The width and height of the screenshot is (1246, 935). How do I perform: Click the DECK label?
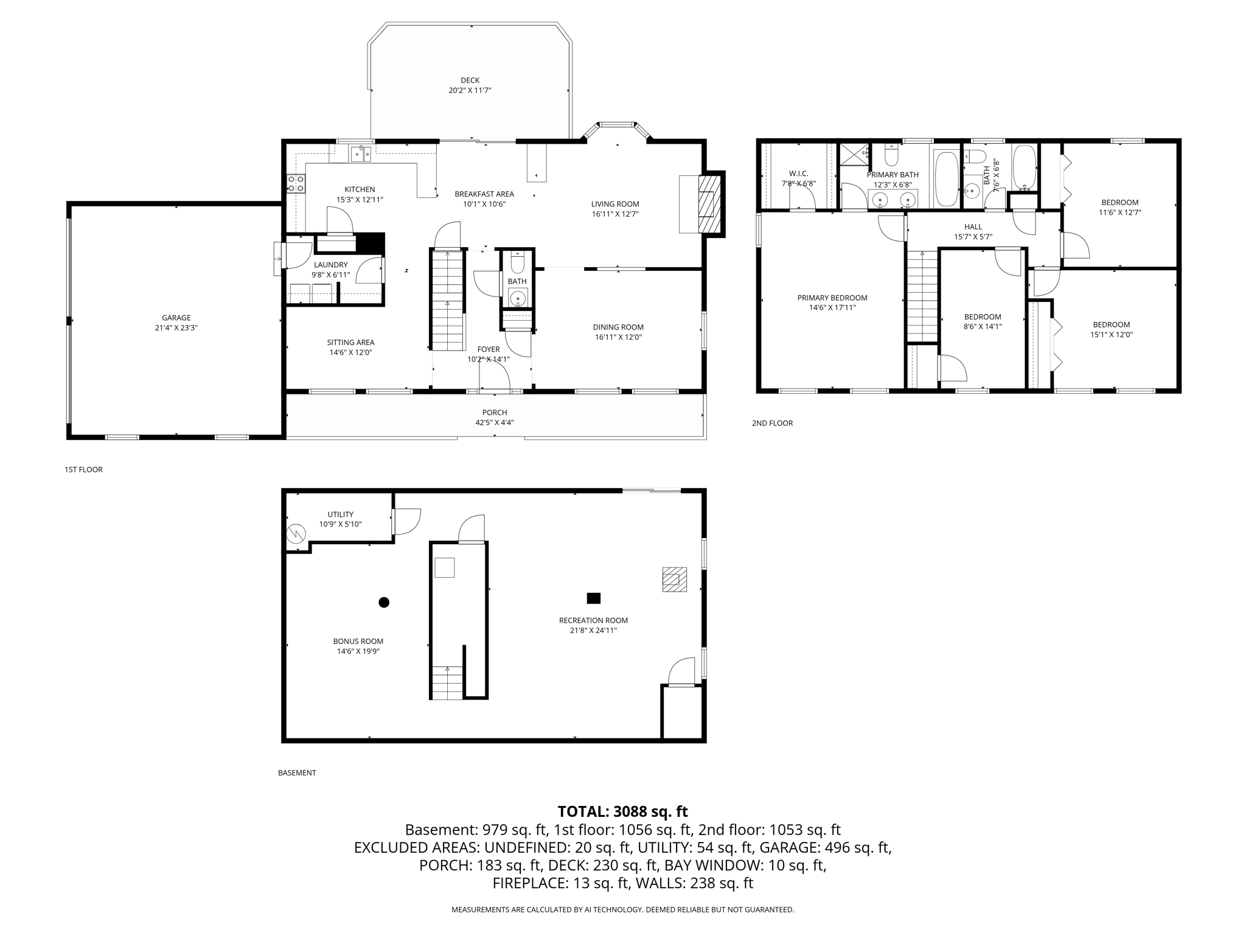pyautogui.click(x=470, y=80)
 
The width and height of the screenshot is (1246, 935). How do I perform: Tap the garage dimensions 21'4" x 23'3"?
pyautogui.click(x=176, y=327)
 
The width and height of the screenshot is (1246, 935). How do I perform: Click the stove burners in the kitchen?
pyautogui.click(x=296, y=183)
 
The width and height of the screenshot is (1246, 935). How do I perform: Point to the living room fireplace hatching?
pyautogui.click(x=708, y=205)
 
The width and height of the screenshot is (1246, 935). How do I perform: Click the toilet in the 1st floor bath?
pyautogui.click(x=517, y=262)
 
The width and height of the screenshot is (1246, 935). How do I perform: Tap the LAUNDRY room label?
pyautogui.click(x=330, y=265)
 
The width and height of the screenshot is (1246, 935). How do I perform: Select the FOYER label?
pyautogui.click(x=488, y=349)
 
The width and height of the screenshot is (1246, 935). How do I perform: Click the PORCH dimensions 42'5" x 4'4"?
pyautogui.click(x=494, y=422)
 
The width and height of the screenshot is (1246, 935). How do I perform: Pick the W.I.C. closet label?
pyautogui.click(x=798, y=173)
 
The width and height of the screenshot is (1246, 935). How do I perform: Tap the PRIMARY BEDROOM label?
pyautogui.click(x=832, y=298)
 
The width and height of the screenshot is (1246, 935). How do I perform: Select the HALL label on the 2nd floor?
pyautogui.click(x=973, y=227)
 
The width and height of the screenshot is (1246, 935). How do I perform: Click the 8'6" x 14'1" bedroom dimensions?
pyautogui.click(x=982, y=326)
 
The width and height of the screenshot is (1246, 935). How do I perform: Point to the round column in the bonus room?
pyautogui.click(x=384, y=602)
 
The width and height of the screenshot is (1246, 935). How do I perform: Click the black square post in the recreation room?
pyautogui.click(x=593, y=598)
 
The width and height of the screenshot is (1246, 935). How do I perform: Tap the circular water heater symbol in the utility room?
pyautogui.click(x=296, y=534)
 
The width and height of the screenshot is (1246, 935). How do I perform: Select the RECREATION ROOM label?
pyautogui.click(x=593, y=620)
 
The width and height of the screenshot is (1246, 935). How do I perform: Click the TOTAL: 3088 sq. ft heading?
pyautogui.click(x=622, y=811)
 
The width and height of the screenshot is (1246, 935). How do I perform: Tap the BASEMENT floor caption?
pyautogui.click(x=297, y=772)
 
